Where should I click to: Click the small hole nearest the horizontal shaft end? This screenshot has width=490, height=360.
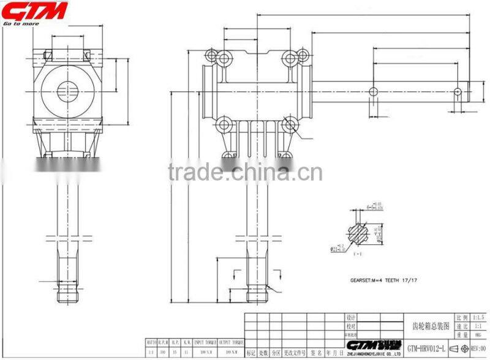click(x=458, y=91)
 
